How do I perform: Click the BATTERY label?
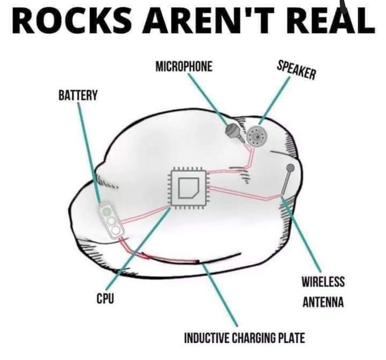click(x=78, y=95)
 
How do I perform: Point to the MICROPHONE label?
click(x=184, y=66)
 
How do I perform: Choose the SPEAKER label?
click(x=296, y=70)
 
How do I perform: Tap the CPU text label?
click(x=105, y=299)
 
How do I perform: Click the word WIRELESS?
click(x=323, y=282)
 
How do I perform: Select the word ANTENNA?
click(x=323, y=302)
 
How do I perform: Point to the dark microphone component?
click(x=234, y=132)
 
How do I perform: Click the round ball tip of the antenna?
click(x=291, y=168)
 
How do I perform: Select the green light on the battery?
click(x=107, y=211)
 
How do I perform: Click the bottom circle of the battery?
click(x=116, y=230)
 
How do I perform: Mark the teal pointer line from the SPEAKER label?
click(x=274, y=101)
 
